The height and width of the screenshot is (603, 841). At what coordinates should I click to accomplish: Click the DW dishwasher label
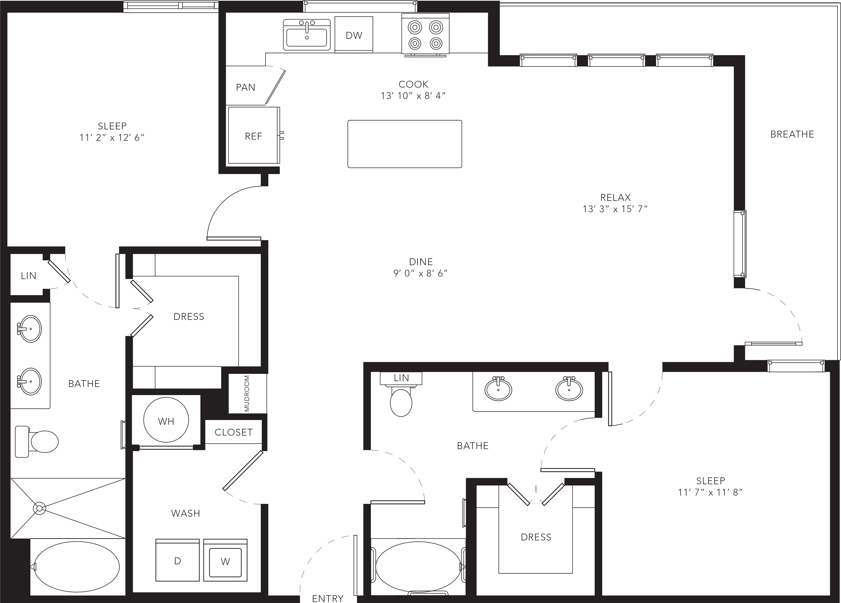click(x=354, y=35)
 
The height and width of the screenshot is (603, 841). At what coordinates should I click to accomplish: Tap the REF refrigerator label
click(x=254, y=137)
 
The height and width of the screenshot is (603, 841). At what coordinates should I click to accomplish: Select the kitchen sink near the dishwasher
click(x=307, y=35)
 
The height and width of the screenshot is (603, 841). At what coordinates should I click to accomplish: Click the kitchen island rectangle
click(x=405, y=144)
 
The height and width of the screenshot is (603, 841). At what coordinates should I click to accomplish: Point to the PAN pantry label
click(x=246, y=87)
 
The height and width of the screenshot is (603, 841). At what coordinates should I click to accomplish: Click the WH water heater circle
click(x=166, y=420)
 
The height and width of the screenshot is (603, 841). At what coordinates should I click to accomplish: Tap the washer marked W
click(x=226, y=560)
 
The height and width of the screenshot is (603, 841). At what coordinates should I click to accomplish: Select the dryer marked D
click(x=178, y=560)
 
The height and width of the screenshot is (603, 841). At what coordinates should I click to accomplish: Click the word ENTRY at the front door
click(x=328, y=598)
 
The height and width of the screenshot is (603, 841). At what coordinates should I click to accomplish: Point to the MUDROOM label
click(x=247, y=393)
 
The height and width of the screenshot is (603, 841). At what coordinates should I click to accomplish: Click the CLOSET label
click(x=234, y=432)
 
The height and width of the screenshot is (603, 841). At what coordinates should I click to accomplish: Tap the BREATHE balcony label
click(x=792, y=134)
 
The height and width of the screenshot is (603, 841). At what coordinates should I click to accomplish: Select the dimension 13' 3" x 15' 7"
click(x=615, y=209)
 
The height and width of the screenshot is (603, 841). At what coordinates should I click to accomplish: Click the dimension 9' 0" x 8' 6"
click(x=421, y=274)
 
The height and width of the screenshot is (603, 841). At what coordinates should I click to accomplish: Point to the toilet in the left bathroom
click(x=37, y=441)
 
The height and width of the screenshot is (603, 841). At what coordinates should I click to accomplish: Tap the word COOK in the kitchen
click(x=414, y=85)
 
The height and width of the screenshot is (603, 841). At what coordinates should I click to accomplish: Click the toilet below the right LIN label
click(x=401, y=401)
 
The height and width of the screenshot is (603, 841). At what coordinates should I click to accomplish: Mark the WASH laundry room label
click(x=185, y=513)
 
